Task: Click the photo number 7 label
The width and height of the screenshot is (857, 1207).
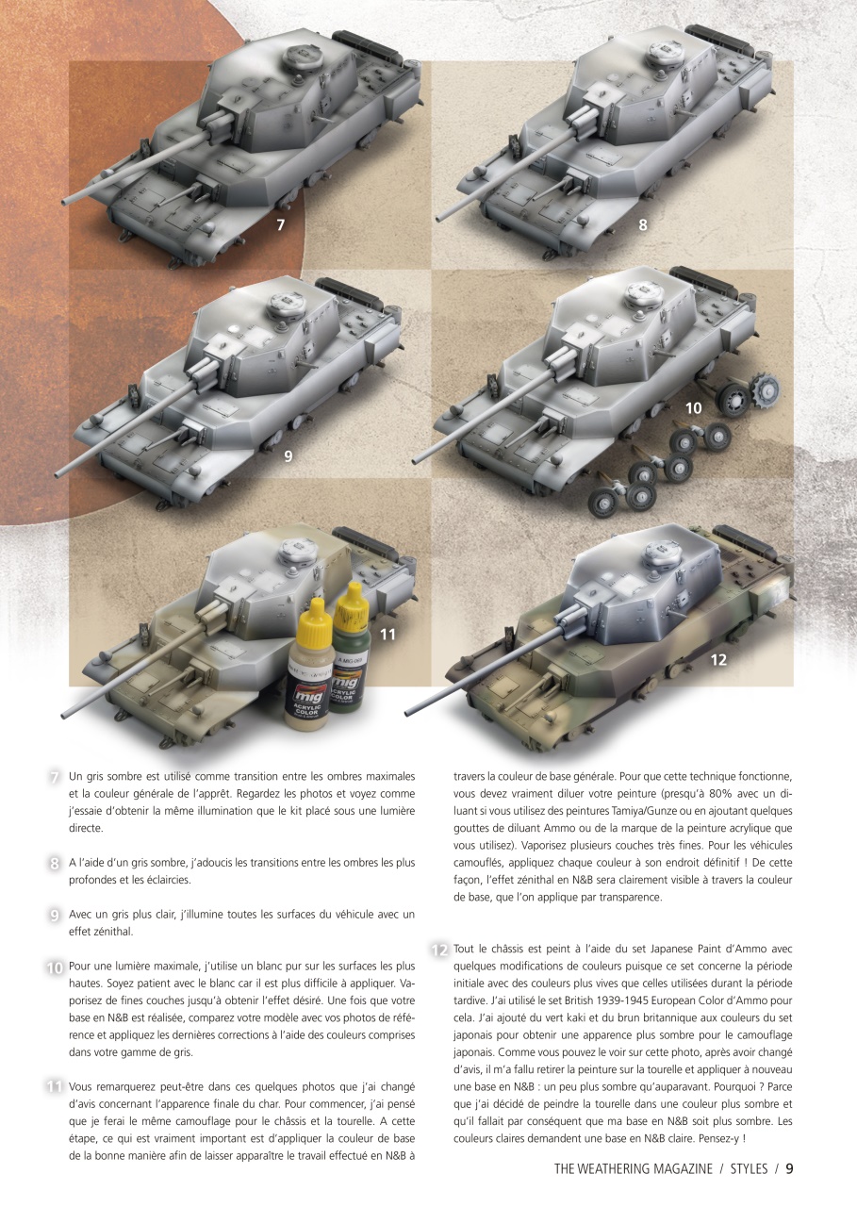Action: tap(279, 224)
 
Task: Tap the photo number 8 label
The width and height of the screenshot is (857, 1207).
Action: tap(642, 224)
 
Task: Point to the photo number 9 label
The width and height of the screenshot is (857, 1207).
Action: tap(288, 456)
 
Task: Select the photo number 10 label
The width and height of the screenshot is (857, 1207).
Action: tap(694, 407)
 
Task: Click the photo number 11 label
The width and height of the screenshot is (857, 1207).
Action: tap(387, 635)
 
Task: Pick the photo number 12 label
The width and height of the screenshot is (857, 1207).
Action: tap(718, 659)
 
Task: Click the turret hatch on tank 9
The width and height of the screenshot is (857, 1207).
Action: tap(288, 305)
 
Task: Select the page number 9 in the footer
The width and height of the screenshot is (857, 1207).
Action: tap(789, 1168)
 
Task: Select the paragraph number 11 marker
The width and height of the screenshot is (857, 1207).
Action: tap(55, 1087)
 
